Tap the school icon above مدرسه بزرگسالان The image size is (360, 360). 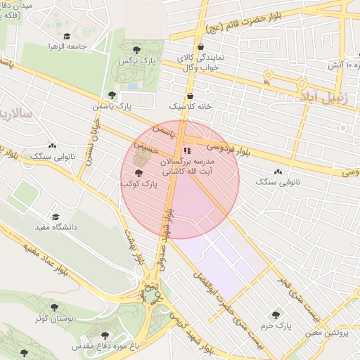point(187,150)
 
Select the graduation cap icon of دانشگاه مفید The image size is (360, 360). point(56,217)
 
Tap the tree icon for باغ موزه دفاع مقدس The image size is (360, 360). point(105,335)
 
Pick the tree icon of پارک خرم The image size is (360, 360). point(276,316)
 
